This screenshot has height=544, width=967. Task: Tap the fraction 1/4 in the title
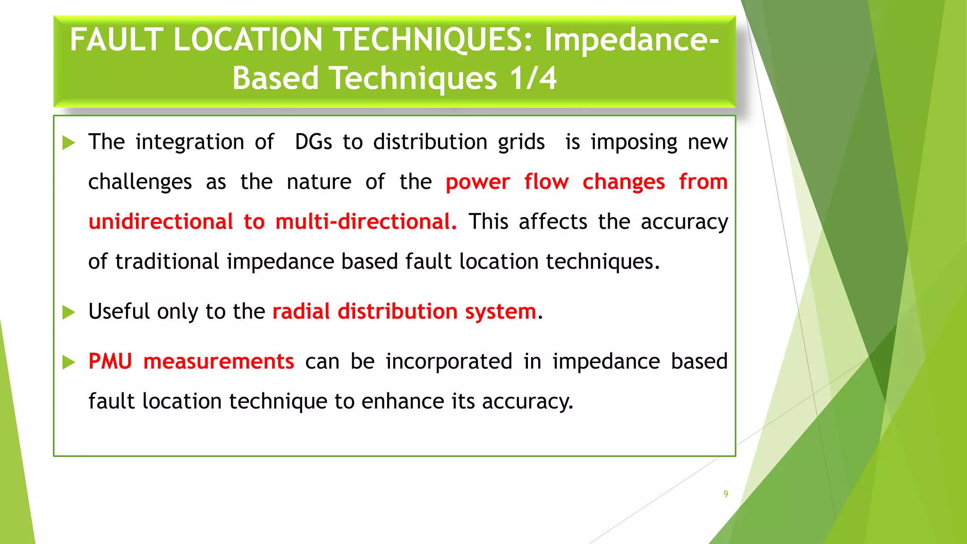click(x=533, y=78)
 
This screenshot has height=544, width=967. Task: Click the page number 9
click(x=726, y=494)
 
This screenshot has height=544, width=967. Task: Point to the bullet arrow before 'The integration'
click(x=69, y=143)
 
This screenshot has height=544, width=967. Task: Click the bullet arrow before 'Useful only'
click(x=69, y=312)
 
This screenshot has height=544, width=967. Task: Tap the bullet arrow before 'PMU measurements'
click(x=69, y=362)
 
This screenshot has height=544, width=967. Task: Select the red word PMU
click(x=110, y=362)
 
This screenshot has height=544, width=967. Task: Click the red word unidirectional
click(x=161, y=222)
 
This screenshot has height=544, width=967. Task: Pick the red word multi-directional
click(x=366, y=222)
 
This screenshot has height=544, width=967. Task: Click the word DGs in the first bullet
click(x=314, y=142)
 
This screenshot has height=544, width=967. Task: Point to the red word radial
click(x=301, y=312)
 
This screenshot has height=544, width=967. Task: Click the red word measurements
click(x=219, y=362)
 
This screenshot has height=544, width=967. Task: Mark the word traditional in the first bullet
click(x=167, y=262)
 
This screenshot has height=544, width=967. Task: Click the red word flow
click(x=546, y=182)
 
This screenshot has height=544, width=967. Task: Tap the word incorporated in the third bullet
click(x=449, y=362)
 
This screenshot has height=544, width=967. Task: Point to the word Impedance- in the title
click(x=632, y=40)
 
